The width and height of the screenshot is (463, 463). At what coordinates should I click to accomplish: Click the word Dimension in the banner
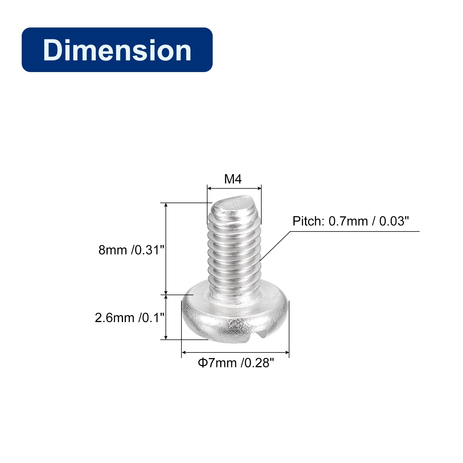coord(117,50)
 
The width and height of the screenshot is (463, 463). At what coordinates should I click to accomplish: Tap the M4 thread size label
coord(233,179)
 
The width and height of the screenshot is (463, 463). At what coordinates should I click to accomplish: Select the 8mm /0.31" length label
coord(131,250)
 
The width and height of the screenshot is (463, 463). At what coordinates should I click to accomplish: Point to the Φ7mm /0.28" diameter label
coord(236,363)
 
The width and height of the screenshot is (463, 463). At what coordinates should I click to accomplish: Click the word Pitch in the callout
coord(308,221)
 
